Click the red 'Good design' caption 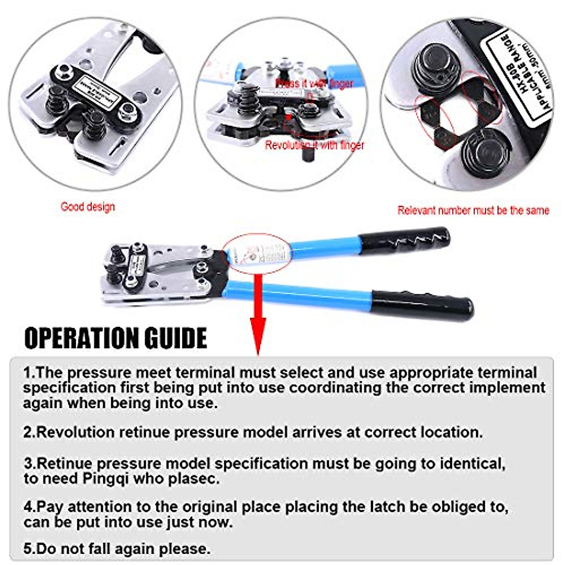point(88,207)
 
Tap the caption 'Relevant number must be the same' point(473,210)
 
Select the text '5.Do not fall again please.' point(117,549)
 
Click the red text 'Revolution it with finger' point(315,145)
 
